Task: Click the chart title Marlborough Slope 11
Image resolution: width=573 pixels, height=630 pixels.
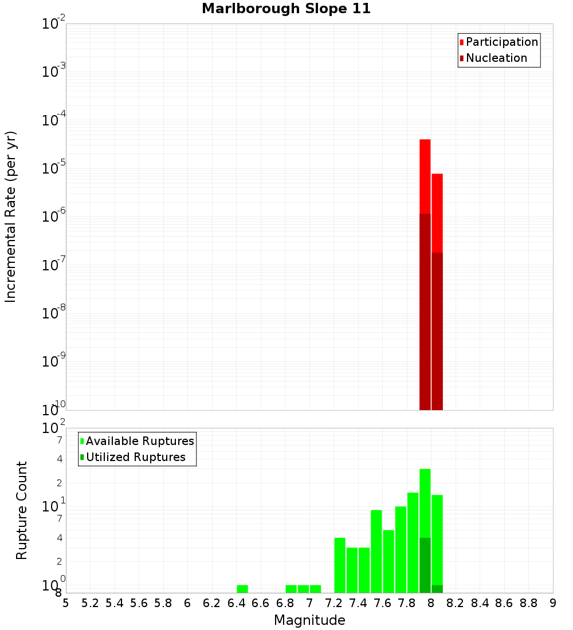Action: point(286,9)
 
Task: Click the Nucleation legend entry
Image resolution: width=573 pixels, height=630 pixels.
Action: point(496,58)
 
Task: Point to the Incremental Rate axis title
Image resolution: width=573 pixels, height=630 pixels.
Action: point(11,216)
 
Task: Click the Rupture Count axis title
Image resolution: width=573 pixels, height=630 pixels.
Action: point(22,510)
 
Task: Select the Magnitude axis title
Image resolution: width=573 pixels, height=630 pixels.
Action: point(309,620)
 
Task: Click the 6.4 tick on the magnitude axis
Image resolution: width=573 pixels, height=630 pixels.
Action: point(236,603)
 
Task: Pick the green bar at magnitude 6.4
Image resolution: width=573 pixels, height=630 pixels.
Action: point(242,589)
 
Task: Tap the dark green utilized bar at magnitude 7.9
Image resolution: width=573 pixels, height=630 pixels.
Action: point(425,565)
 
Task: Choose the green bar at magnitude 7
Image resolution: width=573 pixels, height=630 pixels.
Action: point(315,589)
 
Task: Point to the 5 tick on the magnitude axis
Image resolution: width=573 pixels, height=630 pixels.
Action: point(66,603)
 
